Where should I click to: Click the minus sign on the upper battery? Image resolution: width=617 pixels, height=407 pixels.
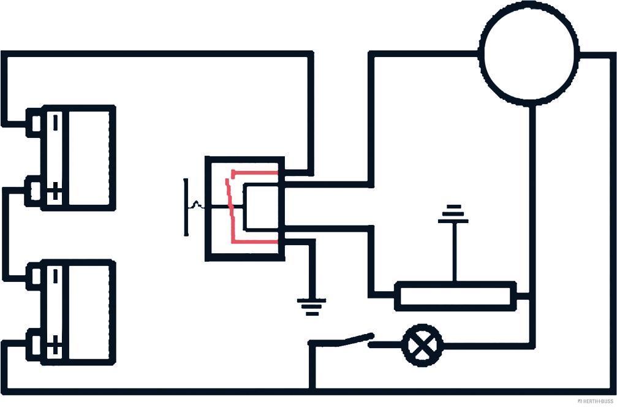click(x=55, y=121)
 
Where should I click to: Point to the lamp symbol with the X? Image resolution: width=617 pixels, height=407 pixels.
click(x=422, y=346)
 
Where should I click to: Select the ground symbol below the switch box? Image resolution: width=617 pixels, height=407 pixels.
click(x=312, y=306)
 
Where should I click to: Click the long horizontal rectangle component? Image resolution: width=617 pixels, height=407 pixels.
click(x=455, y=296)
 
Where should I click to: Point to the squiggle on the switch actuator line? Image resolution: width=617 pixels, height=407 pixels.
click(x=196, y=205)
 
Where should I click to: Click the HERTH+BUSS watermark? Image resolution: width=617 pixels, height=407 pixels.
click(x=595, y=401)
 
